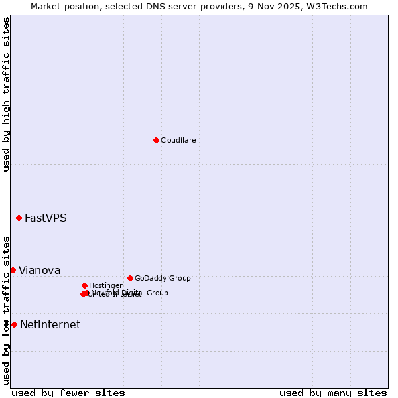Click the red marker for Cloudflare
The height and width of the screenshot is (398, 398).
[x=156, y=140]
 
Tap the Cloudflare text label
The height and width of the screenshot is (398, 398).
[x=178, y=140]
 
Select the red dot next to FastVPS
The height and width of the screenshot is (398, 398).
[x=19, y=218]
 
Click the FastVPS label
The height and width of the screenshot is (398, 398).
[x=45, y=218]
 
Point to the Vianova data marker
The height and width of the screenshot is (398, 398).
[x=13, y=270]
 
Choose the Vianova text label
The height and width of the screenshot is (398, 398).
[x=39, y=270]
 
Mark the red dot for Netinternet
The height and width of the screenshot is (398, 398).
[x=14, y=324]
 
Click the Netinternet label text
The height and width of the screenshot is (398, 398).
[x=50, y=324]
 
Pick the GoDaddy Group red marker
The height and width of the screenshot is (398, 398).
[x=130, y=278]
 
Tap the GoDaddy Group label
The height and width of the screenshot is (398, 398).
[x=162, y=278]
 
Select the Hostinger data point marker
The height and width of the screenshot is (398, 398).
[x=84, y=285]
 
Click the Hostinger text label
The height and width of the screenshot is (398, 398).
[x=105, y=285]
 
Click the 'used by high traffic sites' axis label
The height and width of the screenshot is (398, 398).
[x=6, y=94]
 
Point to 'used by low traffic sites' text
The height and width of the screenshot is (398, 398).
[x=6, y=310]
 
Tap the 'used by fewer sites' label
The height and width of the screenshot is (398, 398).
[x=68, y=393]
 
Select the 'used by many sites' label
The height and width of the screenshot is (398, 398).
[x=333, y=393]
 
